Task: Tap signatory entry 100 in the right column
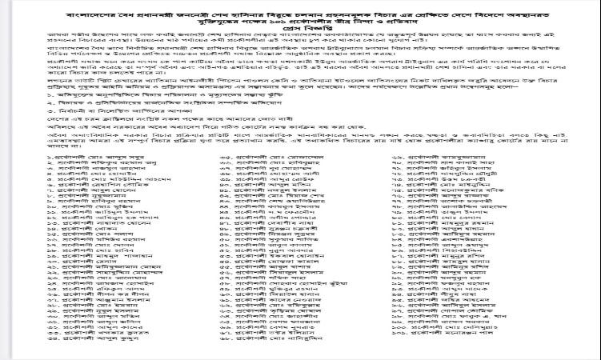pos(456,344)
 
